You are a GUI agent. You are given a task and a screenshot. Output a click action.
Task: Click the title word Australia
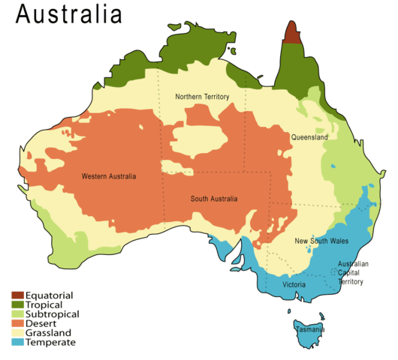tap(68, 15)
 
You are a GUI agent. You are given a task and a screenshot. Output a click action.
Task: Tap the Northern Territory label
tap(202, 97)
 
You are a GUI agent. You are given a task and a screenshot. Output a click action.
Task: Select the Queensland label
tap(309, 138)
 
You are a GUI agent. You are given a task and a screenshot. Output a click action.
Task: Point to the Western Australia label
tap(109, 177)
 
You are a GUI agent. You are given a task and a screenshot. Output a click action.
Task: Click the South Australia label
tap(213, 199)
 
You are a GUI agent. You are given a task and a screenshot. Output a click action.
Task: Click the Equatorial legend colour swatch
tap(18, 295)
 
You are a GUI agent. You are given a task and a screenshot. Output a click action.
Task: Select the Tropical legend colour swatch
tap(18, 304)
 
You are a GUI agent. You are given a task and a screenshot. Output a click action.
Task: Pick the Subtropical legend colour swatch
tap(18, 313)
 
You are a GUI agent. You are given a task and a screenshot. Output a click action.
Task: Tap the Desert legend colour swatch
tap(18, 323)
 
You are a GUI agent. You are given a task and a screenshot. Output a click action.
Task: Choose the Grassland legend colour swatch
tap(18, 332)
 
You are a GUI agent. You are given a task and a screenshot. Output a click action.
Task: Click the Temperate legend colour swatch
tap(18, 342)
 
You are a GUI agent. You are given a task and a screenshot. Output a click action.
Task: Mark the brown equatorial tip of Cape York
tap(291, 34)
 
